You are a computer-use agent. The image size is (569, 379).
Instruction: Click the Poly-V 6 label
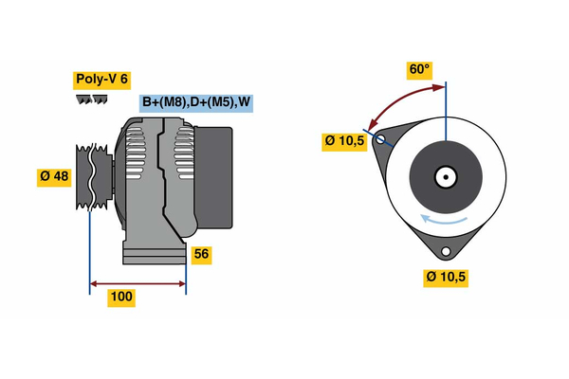pyautogui.click(x=101, y=80)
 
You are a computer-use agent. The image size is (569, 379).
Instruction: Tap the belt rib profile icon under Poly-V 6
pyautogui.click(x=93, y=100)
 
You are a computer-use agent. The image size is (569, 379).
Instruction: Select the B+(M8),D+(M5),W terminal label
pyautogui.click(x=197, y=102)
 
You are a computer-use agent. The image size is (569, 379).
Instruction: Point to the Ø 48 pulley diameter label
pyautogui.click(x=53, y=177)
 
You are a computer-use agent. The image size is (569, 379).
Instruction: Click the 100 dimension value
pyautogui.click(x=121, y=298)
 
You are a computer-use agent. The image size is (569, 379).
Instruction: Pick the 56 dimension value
pyautogui.click(x=200, y=254)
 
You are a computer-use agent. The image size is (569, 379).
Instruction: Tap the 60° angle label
pyautogui.click(x=419, y=69)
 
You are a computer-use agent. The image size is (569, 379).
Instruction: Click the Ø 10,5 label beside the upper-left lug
pyautogui.click(x=344, y=141)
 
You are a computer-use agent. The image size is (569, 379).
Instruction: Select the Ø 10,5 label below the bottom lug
pyautogui.click(x=447, y=278)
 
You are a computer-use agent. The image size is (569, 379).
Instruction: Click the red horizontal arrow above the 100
pyautogui.click(x=137, y=282)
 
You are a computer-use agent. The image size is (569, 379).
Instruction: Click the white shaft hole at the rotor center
pyautogui.click(x=445, y=176)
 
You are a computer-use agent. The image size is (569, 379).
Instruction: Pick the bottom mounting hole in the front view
pyautogui.click(x=446, y=251)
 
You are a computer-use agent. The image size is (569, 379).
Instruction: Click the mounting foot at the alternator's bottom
pyautogui.click(x=152, y=253)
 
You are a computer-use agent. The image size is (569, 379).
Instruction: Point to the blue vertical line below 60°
pyautogui.click(x=446, y=118)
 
